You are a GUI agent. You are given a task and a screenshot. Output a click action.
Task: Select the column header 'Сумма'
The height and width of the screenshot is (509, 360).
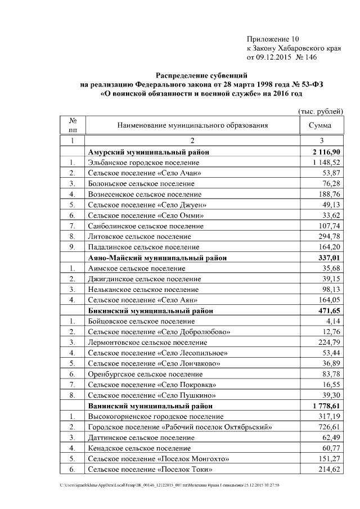pos(320,126)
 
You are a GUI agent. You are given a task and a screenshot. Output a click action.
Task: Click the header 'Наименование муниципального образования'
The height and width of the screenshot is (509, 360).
pos(192,126)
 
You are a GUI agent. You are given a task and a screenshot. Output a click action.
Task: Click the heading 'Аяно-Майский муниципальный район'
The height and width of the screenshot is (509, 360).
pos(158,258)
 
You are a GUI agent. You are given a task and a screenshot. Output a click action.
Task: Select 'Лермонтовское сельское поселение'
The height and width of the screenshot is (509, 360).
pos(147,343)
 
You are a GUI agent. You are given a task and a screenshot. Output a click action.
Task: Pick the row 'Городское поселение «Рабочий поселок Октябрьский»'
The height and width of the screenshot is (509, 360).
pos(181,427)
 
